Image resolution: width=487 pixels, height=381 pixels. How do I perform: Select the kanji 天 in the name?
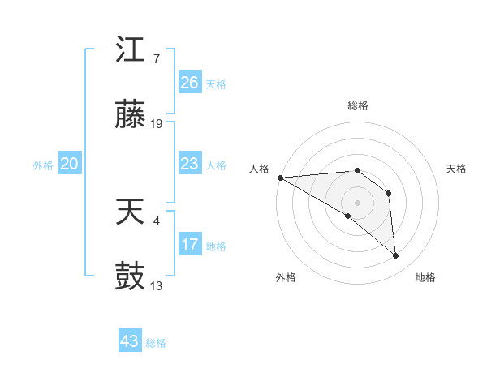pos(130,213)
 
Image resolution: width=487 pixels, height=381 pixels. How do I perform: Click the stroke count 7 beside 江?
pos(156,59)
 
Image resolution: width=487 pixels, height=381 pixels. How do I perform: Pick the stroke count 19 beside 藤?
pos(157,124)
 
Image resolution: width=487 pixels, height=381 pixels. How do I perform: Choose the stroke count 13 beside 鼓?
pos(157,285)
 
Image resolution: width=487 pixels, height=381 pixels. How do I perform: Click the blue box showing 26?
pos(189,83)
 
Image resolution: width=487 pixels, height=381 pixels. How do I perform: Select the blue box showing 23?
pos(189,164)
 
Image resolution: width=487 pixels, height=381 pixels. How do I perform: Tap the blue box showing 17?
pos(189,245)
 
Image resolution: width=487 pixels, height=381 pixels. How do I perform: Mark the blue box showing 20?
pos(69,164)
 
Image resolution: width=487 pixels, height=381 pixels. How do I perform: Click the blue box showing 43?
pos(129,341)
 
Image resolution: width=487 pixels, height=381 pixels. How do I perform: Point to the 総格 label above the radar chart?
pos(358,105)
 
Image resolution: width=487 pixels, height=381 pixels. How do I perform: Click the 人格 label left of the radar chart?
pos(258,169)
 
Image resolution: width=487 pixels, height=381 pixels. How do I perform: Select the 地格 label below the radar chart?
pos(425,277)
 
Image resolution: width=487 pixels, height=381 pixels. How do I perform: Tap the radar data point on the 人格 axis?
pos(279,177)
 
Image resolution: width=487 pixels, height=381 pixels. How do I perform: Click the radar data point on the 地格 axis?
pos(395,255)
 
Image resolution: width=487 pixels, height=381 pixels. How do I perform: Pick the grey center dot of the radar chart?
pos(358,202)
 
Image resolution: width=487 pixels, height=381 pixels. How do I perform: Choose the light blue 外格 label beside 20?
pos(43,165)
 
